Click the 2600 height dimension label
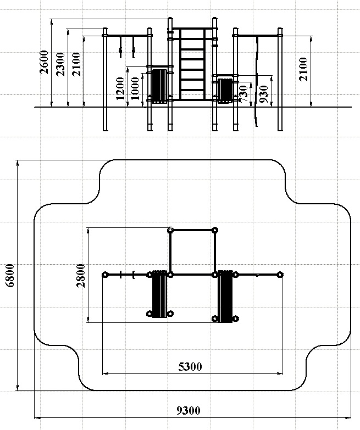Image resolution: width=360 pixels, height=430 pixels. [x=44, y=62]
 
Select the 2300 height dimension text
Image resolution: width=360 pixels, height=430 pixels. [x=60, y=64]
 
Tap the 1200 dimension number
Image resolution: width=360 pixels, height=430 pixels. [x=120, y=88]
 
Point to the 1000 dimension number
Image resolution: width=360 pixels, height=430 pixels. [x=135, y=88]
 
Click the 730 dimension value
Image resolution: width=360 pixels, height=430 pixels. [x=243, y=94]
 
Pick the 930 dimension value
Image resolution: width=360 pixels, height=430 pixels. [x=263, y=94]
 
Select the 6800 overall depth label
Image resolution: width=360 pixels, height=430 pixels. [x=10, y=275]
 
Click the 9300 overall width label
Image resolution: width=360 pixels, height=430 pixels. [x=188, y=411]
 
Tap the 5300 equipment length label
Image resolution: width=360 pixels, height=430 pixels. [x=190, y=366]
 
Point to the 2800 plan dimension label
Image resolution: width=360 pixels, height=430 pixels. [x=81, y=275]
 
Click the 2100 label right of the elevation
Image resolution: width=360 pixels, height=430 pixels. [x=303, y=69]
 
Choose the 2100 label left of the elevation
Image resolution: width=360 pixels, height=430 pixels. [x=76, y=64]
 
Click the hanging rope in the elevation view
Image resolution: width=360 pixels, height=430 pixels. [x=257, y=81]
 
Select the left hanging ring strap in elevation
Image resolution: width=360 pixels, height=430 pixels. [x=120, y=47]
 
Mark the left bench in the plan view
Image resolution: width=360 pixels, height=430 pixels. [x=159, y=294]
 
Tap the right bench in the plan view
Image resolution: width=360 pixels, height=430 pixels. [x=225, y=297]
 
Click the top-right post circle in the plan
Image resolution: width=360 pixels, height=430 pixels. [x=215, y=230]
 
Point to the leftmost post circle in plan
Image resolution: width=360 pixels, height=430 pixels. [x=105, y=275]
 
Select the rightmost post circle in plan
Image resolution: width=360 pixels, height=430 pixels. [x=280, y=274]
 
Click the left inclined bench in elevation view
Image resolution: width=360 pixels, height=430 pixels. [x=159, y=86]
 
